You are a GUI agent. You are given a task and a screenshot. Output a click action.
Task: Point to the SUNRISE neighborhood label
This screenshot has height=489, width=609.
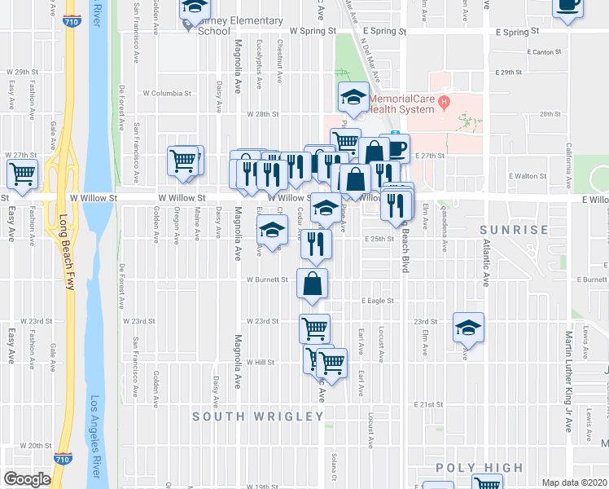coord(514,230)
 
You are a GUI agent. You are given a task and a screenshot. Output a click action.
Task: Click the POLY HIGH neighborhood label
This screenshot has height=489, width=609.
coord(479,467)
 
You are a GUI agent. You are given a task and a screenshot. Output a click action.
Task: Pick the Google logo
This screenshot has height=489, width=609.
coord(27,479)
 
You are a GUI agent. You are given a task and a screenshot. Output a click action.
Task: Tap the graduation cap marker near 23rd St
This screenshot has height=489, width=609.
coord(468,328)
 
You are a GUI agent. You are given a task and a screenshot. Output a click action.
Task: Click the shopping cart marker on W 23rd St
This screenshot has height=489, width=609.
coord(314,329)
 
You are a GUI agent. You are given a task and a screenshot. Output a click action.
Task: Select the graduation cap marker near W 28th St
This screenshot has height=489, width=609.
coord(353,99)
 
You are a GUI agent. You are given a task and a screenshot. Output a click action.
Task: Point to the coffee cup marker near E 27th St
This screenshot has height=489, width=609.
coord(395,148)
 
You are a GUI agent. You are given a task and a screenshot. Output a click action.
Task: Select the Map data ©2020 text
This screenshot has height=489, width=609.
coord(575,482)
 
